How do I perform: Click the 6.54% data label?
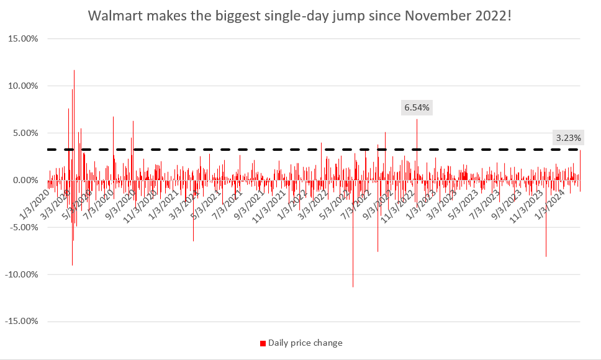tap(417, 108)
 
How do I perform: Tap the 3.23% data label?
tap(567, 138)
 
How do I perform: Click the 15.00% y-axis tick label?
tap(22, 38)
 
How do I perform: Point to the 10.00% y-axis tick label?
tap(22, 86)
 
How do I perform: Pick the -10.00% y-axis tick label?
tap(21, 274)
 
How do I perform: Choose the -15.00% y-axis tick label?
tap(21, 322)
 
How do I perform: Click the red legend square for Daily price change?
tap(263, 343)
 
